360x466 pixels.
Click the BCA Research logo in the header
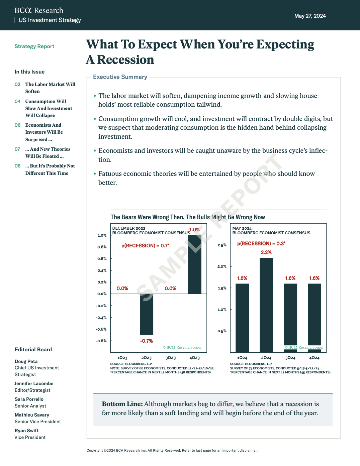[x=39, y=10]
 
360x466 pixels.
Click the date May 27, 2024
[x=310, y=16]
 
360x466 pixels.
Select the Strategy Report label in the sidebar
[x=34, y=46]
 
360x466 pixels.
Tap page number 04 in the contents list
[x=17, y=101]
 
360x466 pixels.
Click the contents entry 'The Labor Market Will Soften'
[x=50, y=88]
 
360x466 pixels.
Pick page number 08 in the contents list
[x=17, y=166]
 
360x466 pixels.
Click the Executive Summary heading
[x=120, y=77]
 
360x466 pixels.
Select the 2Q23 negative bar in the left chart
[x=147, y=314]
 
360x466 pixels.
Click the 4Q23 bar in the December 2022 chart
[x=195, y=264]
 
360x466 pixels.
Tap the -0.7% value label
[x=146, y=341]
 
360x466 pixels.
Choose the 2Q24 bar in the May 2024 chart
[x=266, y=305]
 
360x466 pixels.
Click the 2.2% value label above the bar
[x=266, y=252]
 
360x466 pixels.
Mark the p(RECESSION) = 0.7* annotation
[x=145, y=246]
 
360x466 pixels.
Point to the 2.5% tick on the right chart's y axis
[x=222, y=245]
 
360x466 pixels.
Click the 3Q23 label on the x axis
[x=170, y=358]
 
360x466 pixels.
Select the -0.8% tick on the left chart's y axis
[x=102, y=341]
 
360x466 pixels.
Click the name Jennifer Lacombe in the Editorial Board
[x=34, y=383]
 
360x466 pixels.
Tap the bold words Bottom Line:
[x=122, y=404]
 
